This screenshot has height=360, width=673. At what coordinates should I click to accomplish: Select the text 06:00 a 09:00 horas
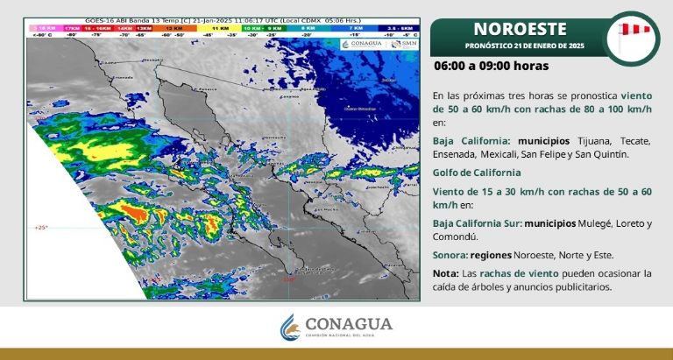tap(491, 66)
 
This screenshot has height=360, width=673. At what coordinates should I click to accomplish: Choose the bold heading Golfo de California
tap(477, 173)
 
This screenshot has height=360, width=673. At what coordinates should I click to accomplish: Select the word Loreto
tap(627, 223)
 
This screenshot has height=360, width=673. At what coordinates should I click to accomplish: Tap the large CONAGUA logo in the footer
tap(336, 328)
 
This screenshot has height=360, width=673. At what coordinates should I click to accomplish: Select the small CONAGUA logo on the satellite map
tap(363, 43)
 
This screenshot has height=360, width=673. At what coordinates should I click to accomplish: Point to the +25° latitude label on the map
tap(41, 227)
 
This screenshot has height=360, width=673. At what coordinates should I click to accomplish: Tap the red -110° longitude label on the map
tap(289, 279)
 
